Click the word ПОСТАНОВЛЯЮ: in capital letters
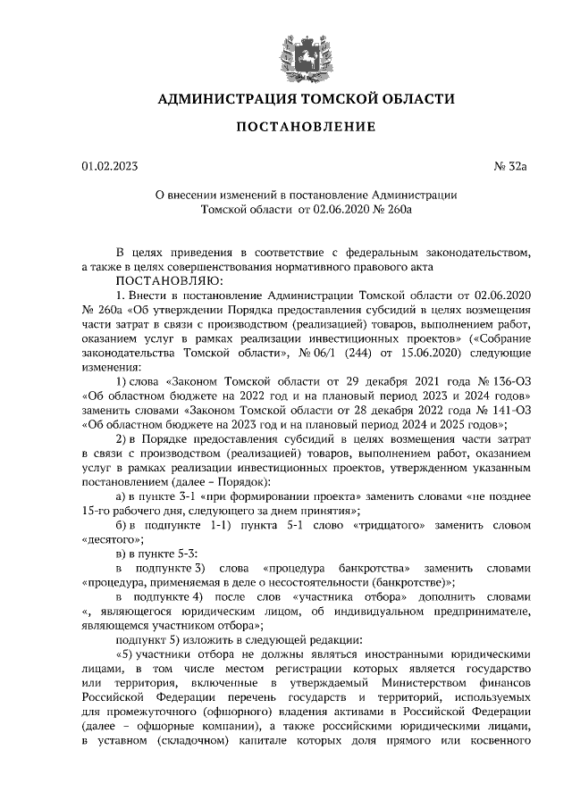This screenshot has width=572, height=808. click(x=154, y=279)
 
